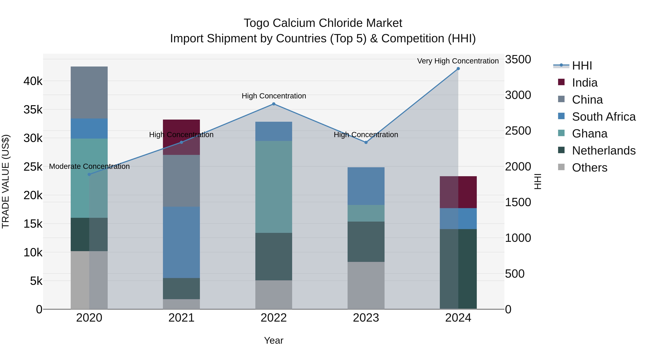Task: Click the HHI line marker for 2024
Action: [x=458, y=69]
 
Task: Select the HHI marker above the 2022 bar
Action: [x=274, y=104]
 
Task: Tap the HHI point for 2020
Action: [x=89, y=174]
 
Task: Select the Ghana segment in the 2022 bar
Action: [x=274, y=187]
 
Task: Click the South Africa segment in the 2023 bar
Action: [x=366, y=186]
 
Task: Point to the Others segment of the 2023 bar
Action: [x=366, y=285]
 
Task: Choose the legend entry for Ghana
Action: [x=589, y=134]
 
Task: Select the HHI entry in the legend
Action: [x=582, y=66]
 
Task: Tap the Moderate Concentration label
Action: [x=89, y=166]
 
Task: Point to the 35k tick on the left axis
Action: [x=33, y=110]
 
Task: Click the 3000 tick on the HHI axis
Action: [x=518, y=95]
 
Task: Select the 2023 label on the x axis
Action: [x=366, y=318]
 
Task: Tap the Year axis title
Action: [x=274, y=340]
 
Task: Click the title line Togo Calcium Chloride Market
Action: [x=323, y=23]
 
